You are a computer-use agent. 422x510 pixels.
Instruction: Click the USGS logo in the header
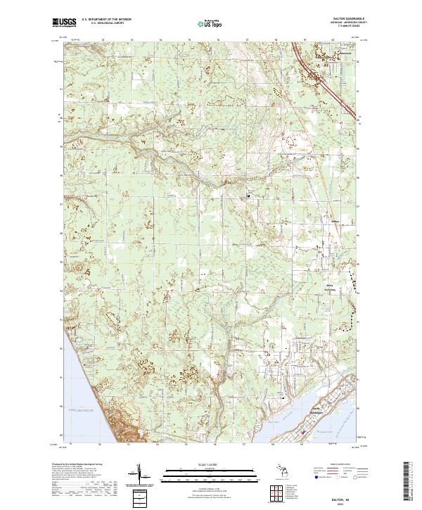[x=64, y=23]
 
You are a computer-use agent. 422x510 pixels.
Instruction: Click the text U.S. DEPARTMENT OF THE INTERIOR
[x=105, y=20]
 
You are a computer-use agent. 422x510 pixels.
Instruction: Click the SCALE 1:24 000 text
[x=210, y=464]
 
